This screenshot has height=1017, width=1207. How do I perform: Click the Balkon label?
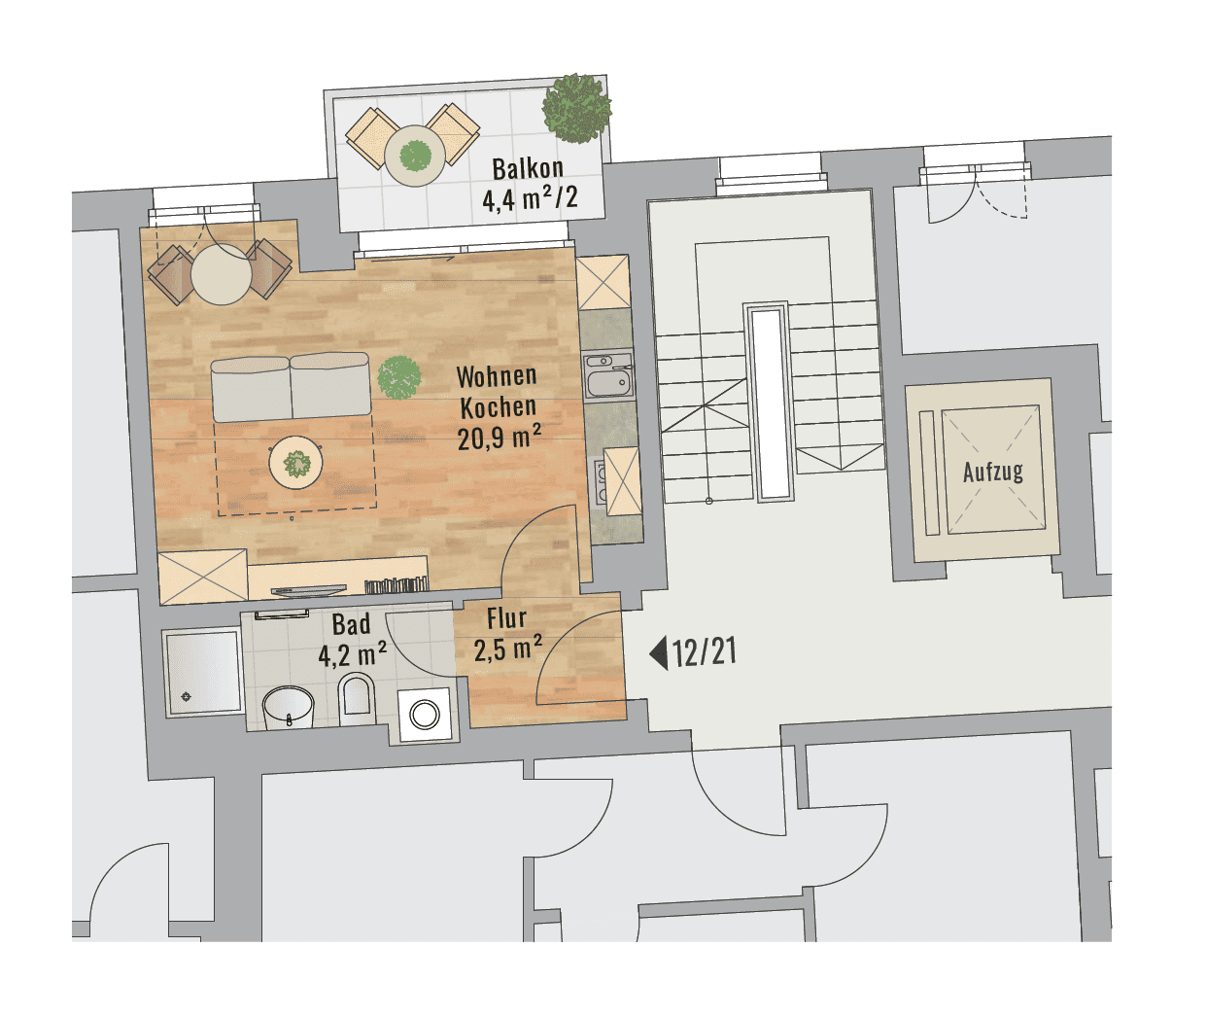point(528,168)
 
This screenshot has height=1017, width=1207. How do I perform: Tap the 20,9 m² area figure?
point(500,438)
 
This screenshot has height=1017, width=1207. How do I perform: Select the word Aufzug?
point(993,473)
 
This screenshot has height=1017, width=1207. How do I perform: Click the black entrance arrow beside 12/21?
point(659,653)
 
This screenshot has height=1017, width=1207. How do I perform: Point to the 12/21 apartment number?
point(705,652)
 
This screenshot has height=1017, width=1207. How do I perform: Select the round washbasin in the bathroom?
point(288,708)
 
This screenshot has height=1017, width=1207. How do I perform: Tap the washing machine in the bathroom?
point(425,715)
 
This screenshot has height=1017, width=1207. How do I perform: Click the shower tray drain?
point(187,697)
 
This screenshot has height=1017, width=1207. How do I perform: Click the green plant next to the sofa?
point(398,377)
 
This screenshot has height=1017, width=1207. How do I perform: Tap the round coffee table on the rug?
point(296,463)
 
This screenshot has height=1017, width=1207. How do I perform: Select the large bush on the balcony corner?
point(576,108)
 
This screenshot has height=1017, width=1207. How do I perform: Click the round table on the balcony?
point(415,156)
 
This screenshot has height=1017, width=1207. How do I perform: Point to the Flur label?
point(506,618)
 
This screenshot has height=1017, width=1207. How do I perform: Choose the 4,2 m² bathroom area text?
point(352,655)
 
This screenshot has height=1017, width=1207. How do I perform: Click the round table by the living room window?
point(222,274)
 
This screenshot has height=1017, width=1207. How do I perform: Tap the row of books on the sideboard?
point(396,585)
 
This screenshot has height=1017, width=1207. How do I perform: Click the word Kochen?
point(498,407)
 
